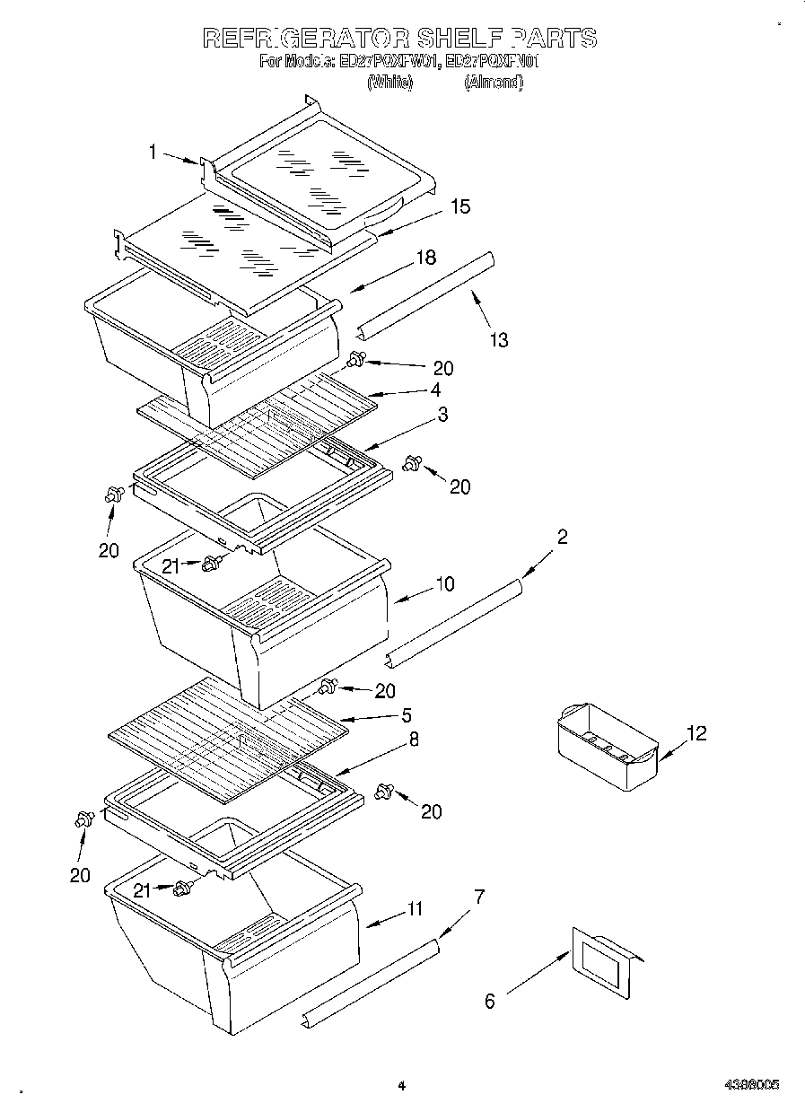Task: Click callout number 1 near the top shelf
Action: [153, 153]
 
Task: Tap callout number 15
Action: [460, 206]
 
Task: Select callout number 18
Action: [425, 258]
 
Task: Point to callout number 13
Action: [499, 339]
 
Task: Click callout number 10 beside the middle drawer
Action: [445, 584]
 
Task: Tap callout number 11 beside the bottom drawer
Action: [414, 908]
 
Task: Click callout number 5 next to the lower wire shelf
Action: [407, 715]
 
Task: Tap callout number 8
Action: [414, 740]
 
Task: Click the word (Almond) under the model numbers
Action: [493, 82]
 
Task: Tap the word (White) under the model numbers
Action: [390, 82]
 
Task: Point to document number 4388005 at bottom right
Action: [751, 1084]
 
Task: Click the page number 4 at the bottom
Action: [402, 1085]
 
